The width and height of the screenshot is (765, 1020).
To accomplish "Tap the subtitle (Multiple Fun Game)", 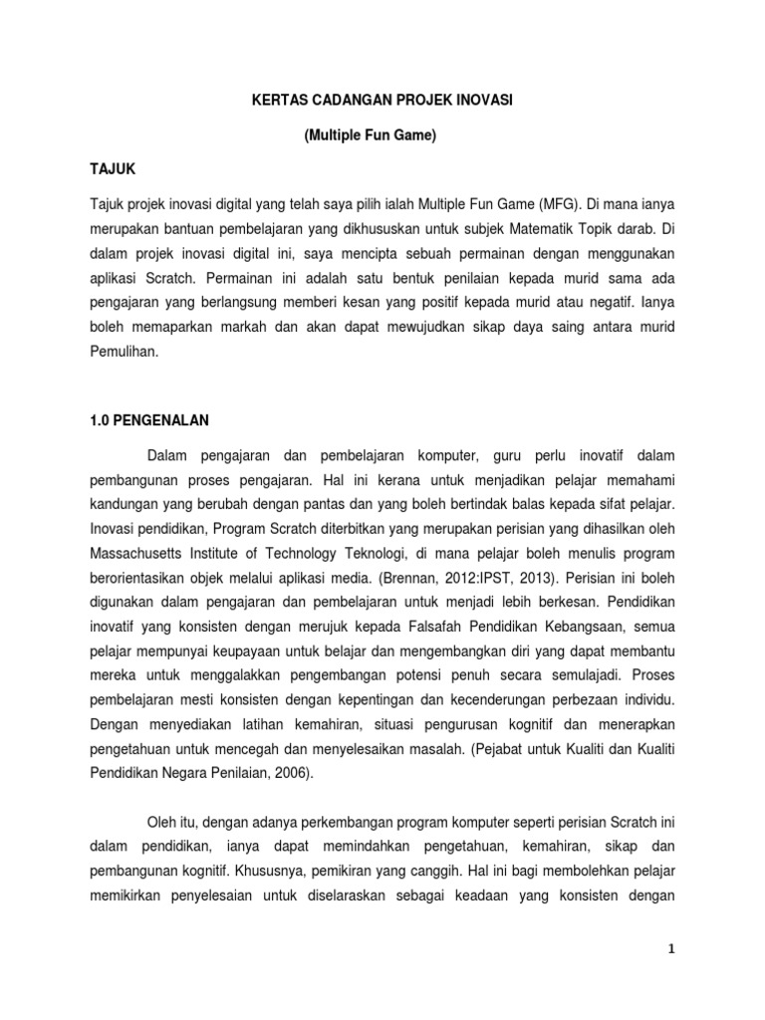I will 370,135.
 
